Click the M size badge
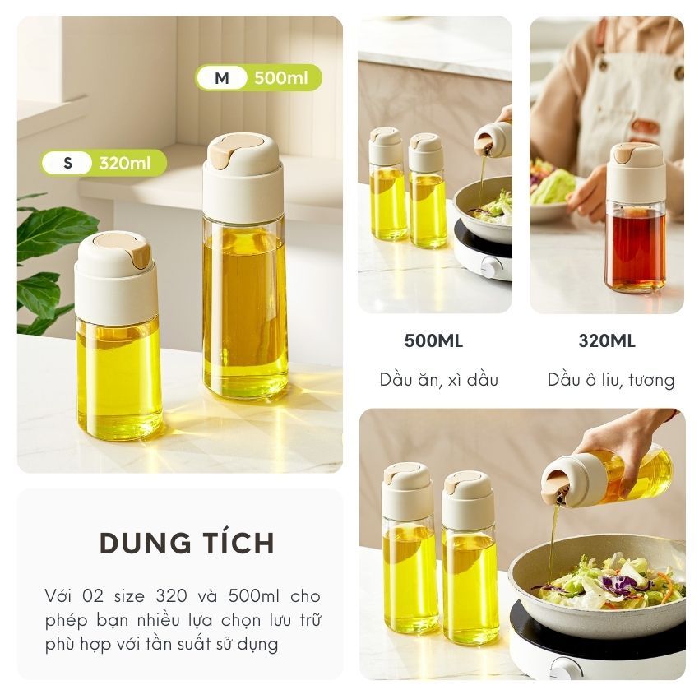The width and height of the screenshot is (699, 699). (x=221, y=78)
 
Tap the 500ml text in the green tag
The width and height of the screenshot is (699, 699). (x=281, y=78)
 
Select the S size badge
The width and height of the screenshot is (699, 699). (x=67, y=163)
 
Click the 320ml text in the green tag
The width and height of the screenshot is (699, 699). (x=125, y=163)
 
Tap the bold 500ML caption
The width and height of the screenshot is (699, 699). (x=433, y=341)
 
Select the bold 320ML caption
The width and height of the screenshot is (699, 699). (x=607, y=341)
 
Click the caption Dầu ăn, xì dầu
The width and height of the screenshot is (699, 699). (x=438, y=379)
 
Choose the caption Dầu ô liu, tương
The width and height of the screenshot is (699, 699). (x=611, y=380)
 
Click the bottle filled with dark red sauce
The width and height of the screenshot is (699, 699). (x=637, y=219)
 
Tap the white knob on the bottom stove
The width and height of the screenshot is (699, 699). (x=560, y=668)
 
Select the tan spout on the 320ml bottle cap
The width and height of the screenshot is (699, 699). (x=138, y=257)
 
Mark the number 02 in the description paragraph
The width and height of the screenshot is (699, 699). (x=92, y=596)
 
